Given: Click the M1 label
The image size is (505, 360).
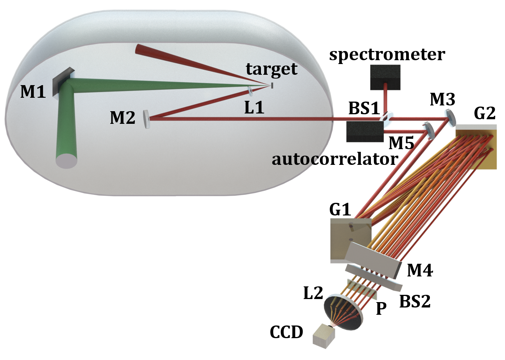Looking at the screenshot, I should pos(33,91).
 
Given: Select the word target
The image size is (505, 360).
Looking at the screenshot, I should pos(271,69).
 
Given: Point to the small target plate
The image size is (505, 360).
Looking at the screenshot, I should pos(272,85).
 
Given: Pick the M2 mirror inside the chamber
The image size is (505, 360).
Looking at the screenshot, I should pos(146,119).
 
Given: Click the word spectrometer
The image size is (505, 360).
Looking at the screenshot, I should pos(387,55).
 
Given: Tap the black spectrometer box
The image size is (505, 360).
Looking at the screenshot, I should pos(385,77).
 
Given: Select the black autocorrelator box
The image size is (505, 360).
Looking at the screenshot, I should pos(364,132).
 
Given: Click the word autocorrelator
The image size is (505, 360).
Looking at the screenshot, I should pos(335,158).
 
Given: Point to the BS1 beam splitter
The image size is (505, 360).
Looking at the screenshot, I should pos(385,117).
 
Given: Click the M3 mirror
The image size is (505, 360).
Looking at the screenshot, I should pos(451,117).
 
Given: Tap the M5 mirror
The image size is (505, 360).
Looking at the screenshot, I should pos(428,130).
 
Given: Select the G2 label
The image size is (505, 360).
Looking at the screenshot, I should pos(484,113).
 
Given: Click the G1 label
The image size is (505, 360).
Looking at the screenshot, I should pos(340,210).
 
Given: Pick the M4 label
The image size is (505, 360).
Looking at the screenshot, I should pos(420,271).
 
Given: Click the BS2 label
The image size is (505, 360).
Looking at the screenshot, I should pos(415,302).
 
